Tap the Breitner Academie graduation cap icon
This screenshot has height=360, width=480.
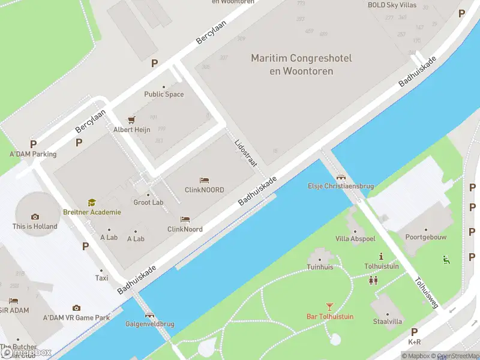click(92, 203)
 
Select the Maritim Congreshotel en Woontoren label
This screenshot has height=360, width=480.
click(301, 65)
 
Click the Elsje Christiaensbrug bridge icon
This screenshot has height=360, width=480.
click(341, 177)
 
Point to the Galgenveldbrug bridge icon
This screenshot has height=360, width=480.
click(149, 315)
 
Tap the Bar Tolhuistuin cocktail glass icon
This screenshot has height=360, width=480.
click(329, 307)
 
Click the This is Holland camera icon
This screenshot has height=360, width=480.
click(35, 217)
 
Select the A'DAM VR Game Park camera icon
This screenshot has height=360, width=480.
click(76, 308)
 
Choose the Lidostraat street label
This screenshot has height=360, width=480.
click(245, 154)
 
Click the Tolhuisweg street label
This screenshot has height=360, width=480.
click(426, 292)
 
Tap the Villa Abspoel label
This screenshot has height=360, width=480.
click(355, 239)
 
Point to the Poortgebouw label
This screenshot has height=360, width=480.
click(426, 237)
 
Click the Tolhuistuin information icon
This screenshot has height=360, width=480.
click(381, 256)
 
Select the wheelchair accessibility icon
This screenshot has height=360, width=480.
click(446, 260)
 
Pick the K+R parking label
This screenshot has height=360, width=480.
click(414, 342)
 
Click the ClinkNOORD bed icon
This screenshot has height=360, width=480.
click(204, 181)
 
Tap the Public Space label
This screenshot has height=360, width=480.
click(164, 94)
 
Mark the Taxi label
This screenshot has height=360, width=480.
click(102, 278)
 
